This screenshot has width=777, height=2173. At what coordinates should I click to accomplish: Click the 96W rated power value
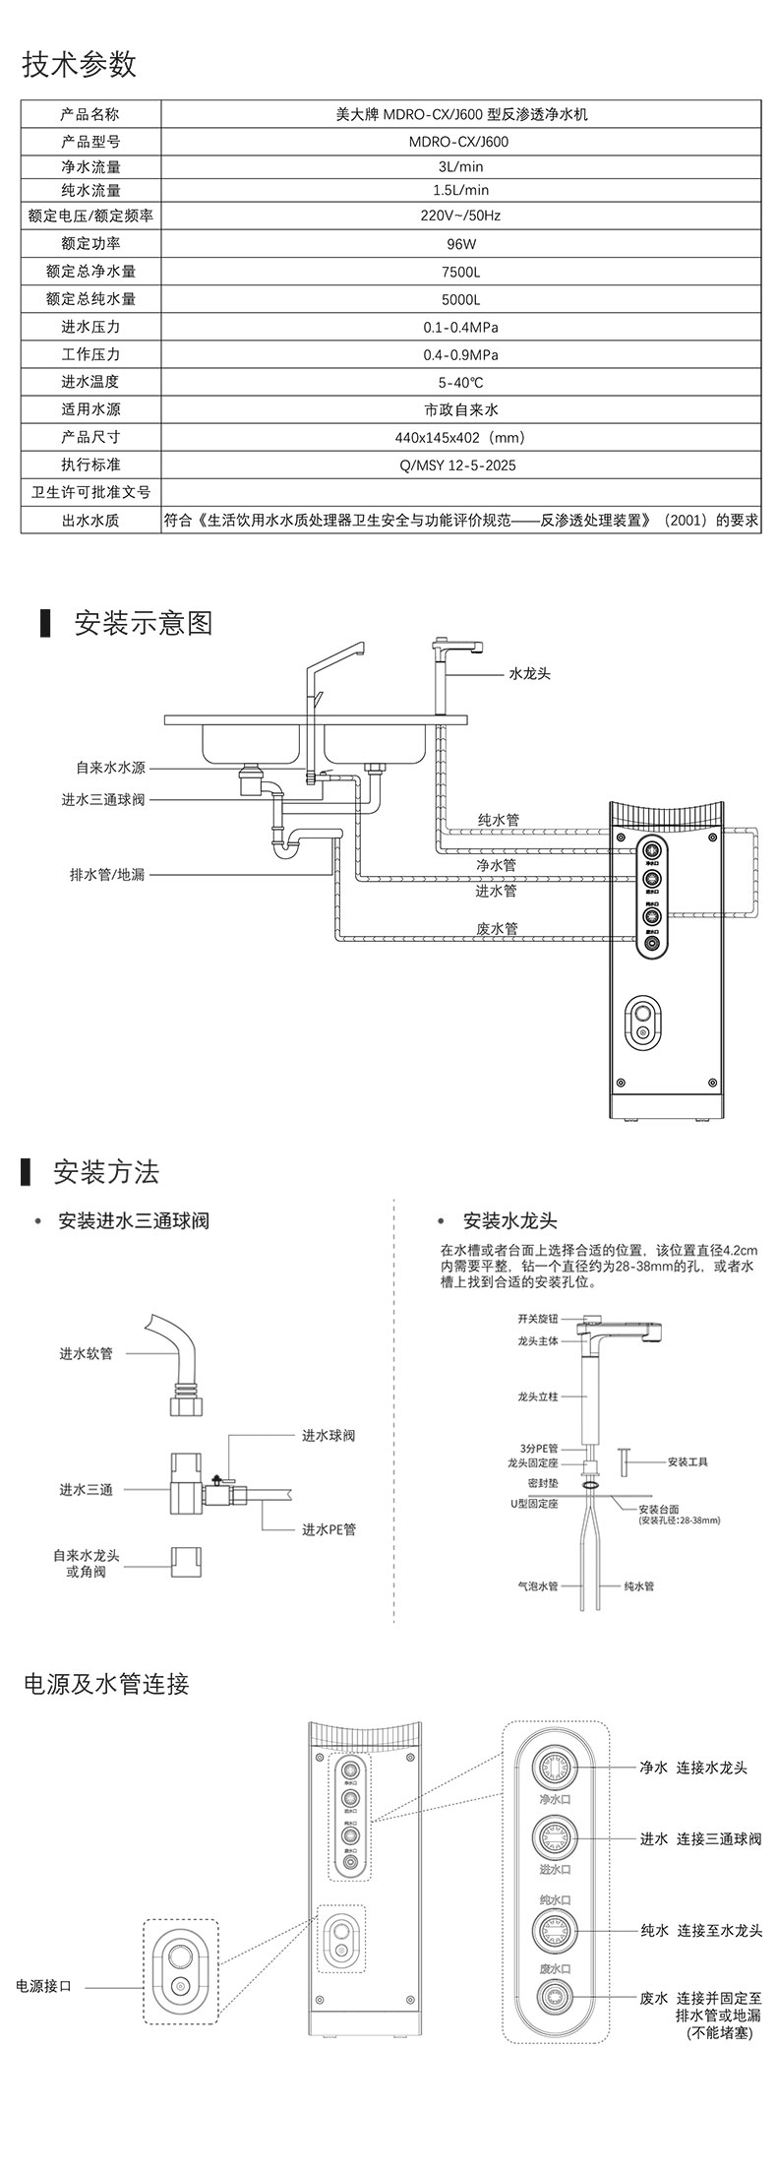(460, 243)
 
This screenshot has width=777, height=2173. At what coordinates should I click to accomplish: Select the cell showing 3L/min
(460, 167)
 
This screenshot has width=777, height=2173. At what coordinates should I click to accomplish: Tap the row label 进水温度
(90, 382)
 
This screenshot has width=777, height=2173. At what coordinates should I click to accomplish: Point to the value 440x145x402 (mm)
(460, 437)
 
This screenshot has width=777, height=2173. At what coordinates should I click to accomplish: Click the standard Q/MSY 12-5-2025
(460, 465)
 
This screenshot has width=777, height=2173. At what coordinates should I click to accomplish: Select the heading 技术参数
(80, 65)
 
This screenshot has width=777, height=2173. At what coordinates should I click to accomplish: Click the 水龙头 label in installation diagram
(529, 674)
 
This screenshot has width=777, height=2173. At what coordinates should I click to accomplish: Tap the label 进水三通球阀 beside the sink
(102, 800)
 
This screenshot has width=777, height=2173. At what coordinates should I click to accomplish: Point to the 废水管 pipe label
(497, 927)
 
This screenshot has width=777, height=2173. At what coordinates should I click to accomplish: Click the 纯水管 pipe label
(498, 819)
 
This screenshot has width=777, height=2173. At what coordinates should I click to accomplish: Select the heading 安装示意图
(144, 623)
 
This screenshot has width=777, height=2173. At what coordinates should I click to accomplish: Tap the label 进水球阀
(329, 1436)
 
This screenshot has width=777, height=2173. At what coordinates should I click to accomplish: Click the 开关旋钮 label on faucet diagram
(538, 1318)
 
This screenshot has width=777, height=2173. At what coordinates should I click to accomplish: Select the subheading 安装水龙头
(510, 1221)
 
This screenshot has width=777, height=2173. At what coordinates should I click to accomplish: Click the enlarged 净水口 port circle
(556, 1768)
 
